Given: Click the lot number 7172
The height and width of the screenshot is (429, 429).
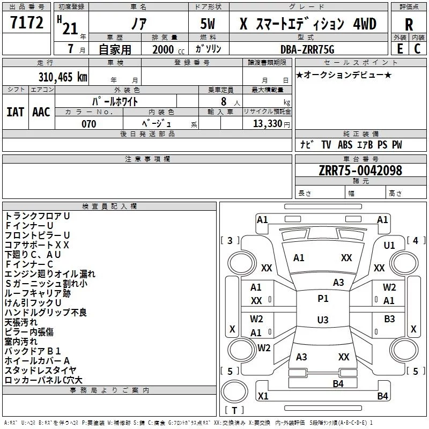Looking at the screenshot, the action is coord(27,22).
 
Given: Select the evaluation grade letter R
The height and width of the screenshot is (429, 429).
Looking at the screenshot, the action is coord(409,25).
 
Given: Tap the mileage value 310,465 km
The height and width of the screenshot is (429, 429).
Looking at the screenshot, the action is coord(63,77).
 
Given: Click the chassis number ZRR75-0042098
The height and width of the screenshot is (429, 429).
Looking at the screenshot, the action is coord(360,171).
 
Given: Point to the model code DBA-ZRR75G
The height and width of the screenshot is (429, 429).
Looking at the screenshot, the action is coord(307,49).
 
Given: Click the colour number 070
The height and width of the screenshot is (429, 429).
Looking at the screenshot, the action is coord(89,124).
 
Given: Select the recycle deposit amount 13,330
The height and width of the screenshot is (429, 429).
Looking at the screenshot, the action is coord(268,124).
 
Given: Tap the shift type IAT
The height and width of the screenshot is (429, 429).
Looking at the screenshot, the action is coord(16,112).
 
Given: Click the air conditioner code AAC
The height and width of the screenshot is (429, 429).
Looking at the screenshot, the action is coord(41,112).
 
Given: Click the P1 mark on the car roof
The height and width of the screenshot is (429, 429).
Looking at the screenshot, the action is coord(323,299).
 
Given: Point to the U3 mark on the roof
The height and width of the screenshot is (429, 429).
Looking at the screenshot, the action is coord(323,320).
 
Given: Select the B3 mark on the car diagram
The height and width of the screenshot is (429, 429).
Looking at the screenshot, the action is coord(389,319).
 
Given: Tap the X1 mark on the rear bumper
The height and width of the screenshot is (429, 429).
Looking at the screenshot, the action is coord(263,396).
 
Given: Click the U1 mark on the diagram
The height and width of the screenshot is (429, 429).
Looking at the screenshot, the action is coord(389,246).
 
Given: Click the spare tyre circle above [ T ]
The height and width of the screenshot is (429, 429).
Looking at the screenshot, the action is coord(234,391).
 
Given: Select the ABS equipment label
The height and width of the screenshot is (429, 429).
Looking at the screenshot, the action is coord(345,145).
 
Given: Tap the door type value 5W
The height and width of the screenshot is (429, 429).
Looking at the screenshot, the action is coord(208,24).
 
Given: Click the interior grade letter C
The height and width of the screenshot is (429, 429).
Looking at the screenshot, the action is coord(417,49).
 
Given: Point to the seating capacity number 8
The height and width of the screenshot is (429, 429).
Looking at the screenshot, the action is coord(224,101).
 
